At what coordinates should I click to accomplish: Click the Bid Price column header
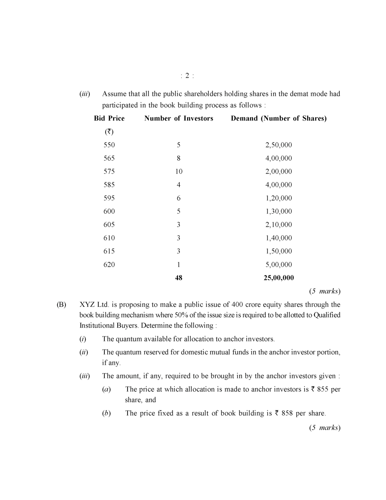(109, 118)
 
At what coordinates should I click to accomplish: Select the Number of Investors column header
(179, 118)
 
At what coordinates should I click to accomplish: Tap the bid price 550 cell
(109, 145)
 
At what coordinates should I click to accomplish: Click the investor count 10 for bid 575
(179, 171)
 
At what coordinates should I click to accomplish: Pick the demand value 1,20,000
(279, 198)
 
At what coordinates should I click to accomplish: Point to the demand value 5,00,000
(279, 264)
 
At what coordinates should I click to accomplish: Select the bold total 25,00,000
(279, 278)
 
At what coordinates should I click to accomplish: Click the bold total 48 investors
(179, 278)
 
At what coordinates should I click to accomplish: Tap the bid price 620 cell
(109, 264)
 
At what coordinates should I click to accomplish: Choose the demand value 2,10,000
(279, 224)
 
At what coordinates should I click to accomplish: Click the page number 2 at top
(187, 76)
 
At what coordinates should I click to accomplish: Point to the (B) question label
(61, 305)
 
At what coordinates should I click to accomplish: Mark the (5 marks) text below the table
(325, 291)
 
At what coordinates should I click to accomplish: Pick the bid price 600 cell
(109, 211)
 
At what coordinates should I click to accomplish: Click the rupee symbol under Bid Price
(109, 131)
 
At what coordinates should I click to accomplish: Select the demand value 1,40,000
(279, 238)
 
